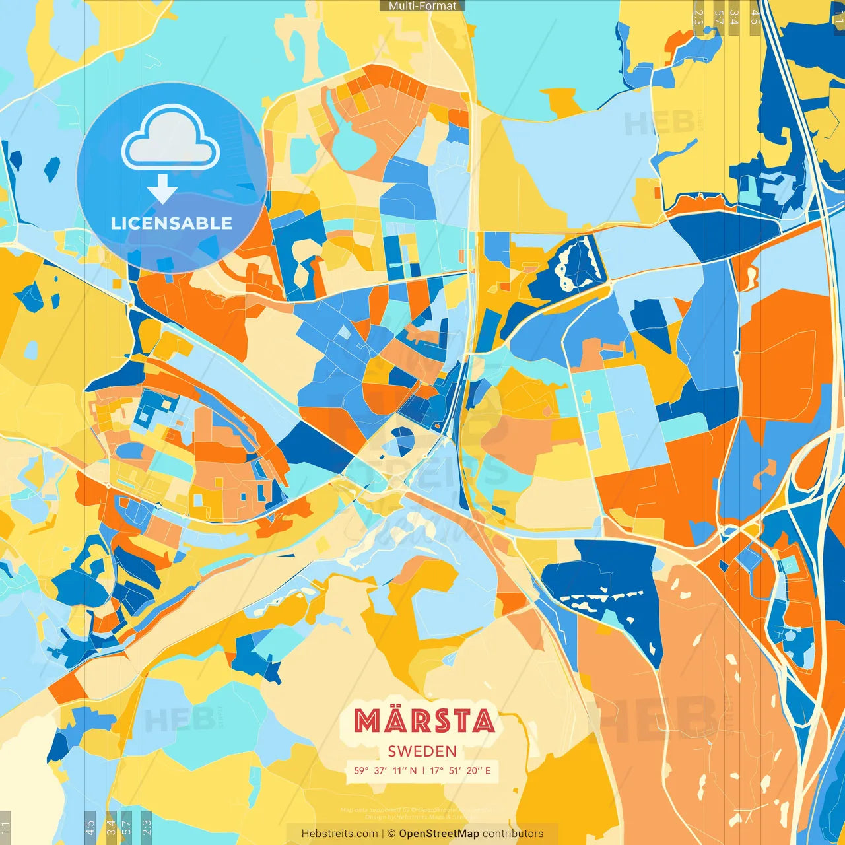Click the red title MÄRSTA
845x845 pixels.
423,721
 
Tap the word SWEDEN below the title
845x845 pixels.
422,751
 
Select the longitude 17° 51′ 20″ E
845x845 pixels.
461,770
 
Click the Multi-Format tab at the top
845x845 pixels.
422,6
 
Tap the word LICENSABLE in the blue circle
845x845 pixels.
171,223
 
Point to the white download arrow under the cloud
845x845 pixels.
162,189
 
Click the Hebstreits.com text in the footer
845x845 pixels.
340,834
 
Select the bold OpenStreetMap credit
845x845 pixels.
439,834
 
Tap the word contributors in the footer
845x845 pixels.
513,834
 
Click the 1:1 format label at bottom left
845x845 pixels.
5,827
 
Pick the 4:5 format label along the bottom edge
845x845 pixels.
90,827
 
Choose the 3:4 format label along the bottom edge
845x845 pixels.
111,827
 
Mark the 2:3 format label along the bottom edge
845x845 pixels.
147,827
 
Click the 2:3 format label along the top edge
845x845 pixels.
698,17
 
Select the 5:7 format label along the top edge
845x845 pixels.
718,17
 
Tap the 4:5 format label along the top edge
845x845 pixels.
755,17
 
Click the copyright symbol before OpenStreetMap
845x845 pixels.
391,834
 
